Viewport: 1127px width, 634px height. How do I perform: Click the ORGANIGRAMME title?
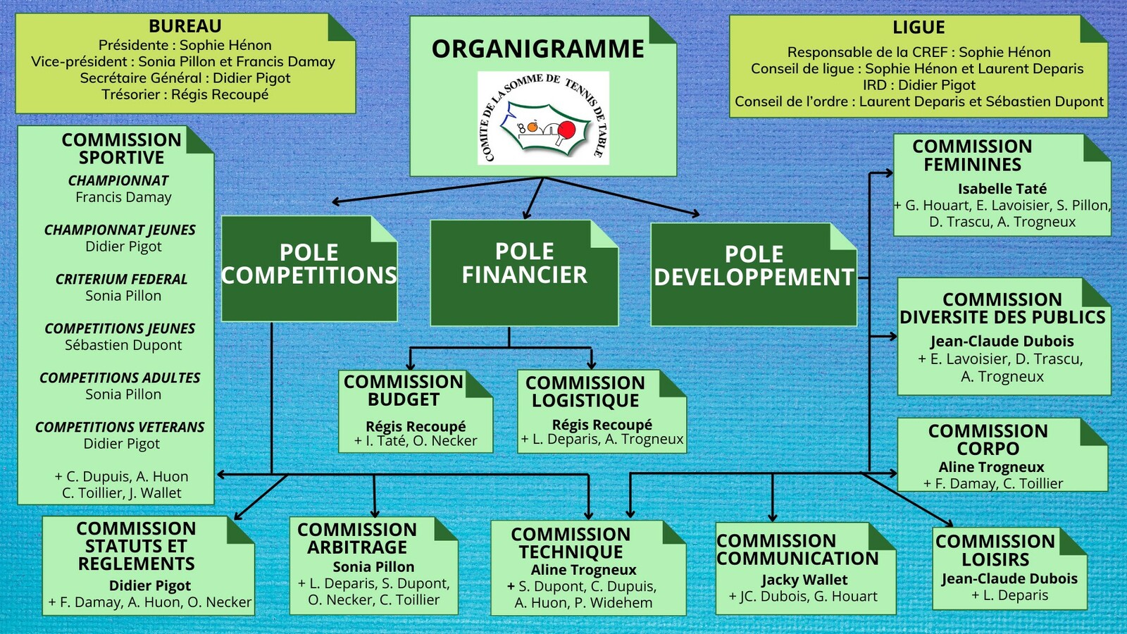[537, 49]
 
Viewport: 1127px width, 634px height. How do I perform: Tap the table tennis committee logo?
[542, 118]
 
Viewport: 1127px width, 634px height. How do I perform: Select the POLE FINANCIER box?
[524, 273]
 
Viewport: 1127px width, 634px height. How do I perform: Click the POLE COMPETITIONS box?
[309, 268]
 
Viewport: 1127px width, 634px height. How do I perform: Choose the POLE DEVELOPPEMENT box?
[754, 274]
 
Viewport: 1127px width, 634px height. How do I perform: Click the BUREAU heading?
[185, 26]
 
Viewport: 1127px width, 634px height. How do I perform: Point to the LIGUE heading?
[919, 27]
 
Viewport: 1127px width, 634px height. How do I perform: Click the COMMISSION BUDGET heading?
[404, 390]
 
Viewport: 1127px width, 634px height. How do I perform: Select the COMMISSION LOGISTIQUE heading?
[585, 392]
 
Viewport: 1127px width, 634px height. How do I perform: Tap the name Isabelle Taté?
[1002, 189]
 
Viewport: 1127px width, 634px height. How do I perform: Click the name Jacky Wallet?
[804, 580]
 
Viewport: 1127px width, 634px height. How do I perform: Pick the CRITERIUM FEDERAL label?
[122, 279]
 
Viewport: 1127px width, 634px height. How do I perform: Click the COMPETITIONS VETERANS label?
[120, 427]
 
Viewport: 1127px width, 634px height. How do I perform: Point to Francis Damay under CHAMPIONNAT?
[123, 197]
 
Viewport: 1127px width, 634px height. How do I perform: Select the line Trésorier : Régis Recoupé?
[185, 94]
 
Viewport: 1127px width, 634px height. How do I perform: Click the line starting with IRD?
[919, 85]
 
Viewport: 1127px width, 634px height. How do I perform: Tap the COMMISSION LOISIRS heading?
[995, 550]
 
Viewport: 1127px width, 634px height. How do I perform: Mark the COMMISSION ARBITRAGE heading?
[357, 538]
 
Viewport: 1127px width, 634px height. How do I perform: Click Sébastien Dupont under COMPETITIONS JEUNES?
[123, 345]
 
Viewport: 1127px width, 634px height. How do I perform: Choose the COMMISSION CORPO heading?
[988, 440]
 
